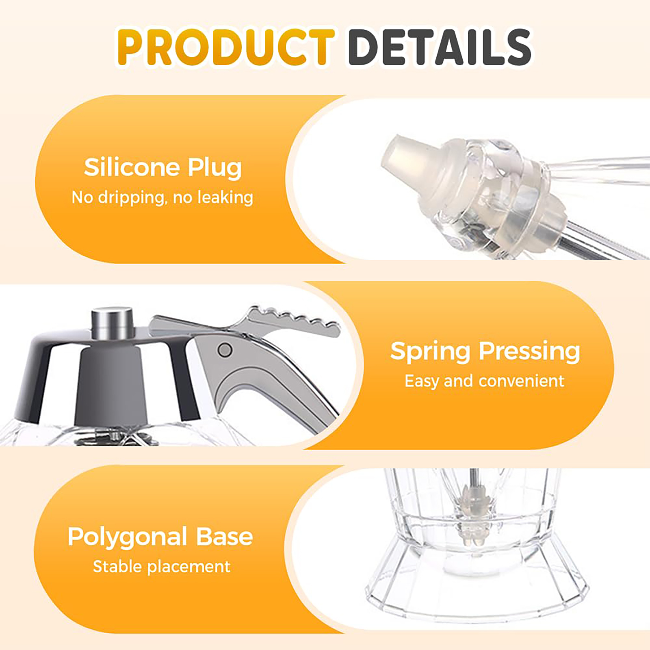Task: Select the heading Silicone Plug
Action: [162, 168]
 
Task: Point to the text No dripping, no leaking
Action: [162, 198]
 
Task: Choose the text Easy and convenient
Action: [484, 381]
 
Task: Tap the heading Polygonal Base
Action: [160, 537]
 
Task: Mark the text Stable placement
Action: [162, 567]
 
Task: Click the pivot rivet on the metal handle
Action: [225, 350]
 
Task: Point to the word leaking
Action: [225, 198]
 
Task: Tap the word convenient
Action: [522, 381]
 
